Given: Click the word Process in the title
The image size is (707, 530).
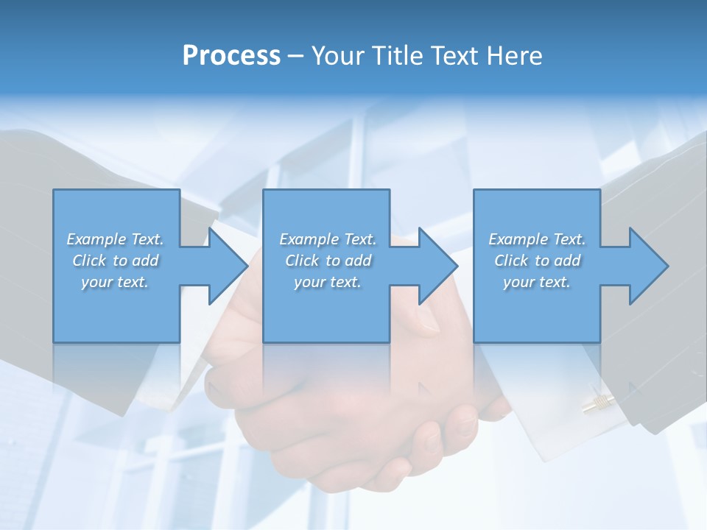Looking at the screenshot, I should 231,56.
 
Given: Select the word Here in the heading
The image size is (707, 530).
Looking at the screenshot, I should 514,56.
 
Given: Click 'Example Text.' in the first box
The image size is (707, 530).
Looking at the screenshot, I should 115,239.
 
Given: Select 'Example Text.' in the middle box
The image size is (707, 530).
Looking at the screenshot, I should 328,239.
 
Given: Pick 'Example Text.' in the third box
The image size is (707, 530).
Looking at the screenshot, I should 537,239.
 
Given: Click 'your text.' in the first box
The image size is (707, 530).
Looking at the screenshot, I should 115,282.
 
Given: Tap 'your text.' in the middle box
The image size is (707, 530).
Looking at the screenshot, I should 328,282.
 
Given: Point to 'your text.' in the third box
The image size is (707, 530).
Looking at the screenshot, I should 537,282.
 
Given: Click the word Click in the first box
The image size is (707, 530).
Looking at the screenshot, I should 89,261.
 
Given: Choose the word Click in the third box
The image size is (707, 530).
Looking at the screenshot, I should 511,261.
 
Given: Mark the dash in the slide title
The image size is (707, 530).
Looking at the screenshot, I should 296,56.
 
